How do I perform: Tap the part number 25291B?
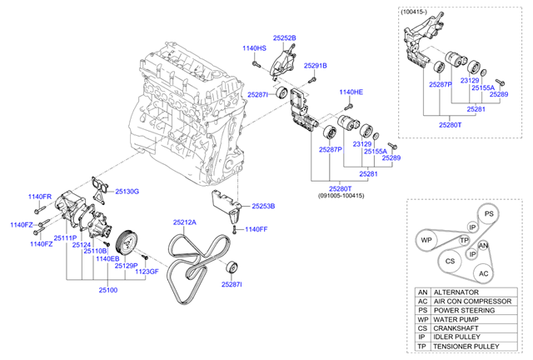[315, 65]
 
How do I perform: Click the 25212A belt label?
[185, 222]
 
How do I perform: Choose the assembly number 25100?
[108, 289]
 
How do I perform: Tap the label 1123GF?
[147, 272]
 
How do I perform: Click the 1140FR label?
[40, 197]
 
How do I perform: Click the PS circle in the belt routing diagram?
[490, 214]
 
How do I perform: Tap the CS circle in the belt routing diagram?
[450, 262]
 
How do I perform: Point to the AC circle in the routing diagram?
[483, 272]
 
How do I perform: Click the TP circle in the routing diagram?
[465, 241]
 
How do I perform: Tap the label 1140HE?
[351, 92]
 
